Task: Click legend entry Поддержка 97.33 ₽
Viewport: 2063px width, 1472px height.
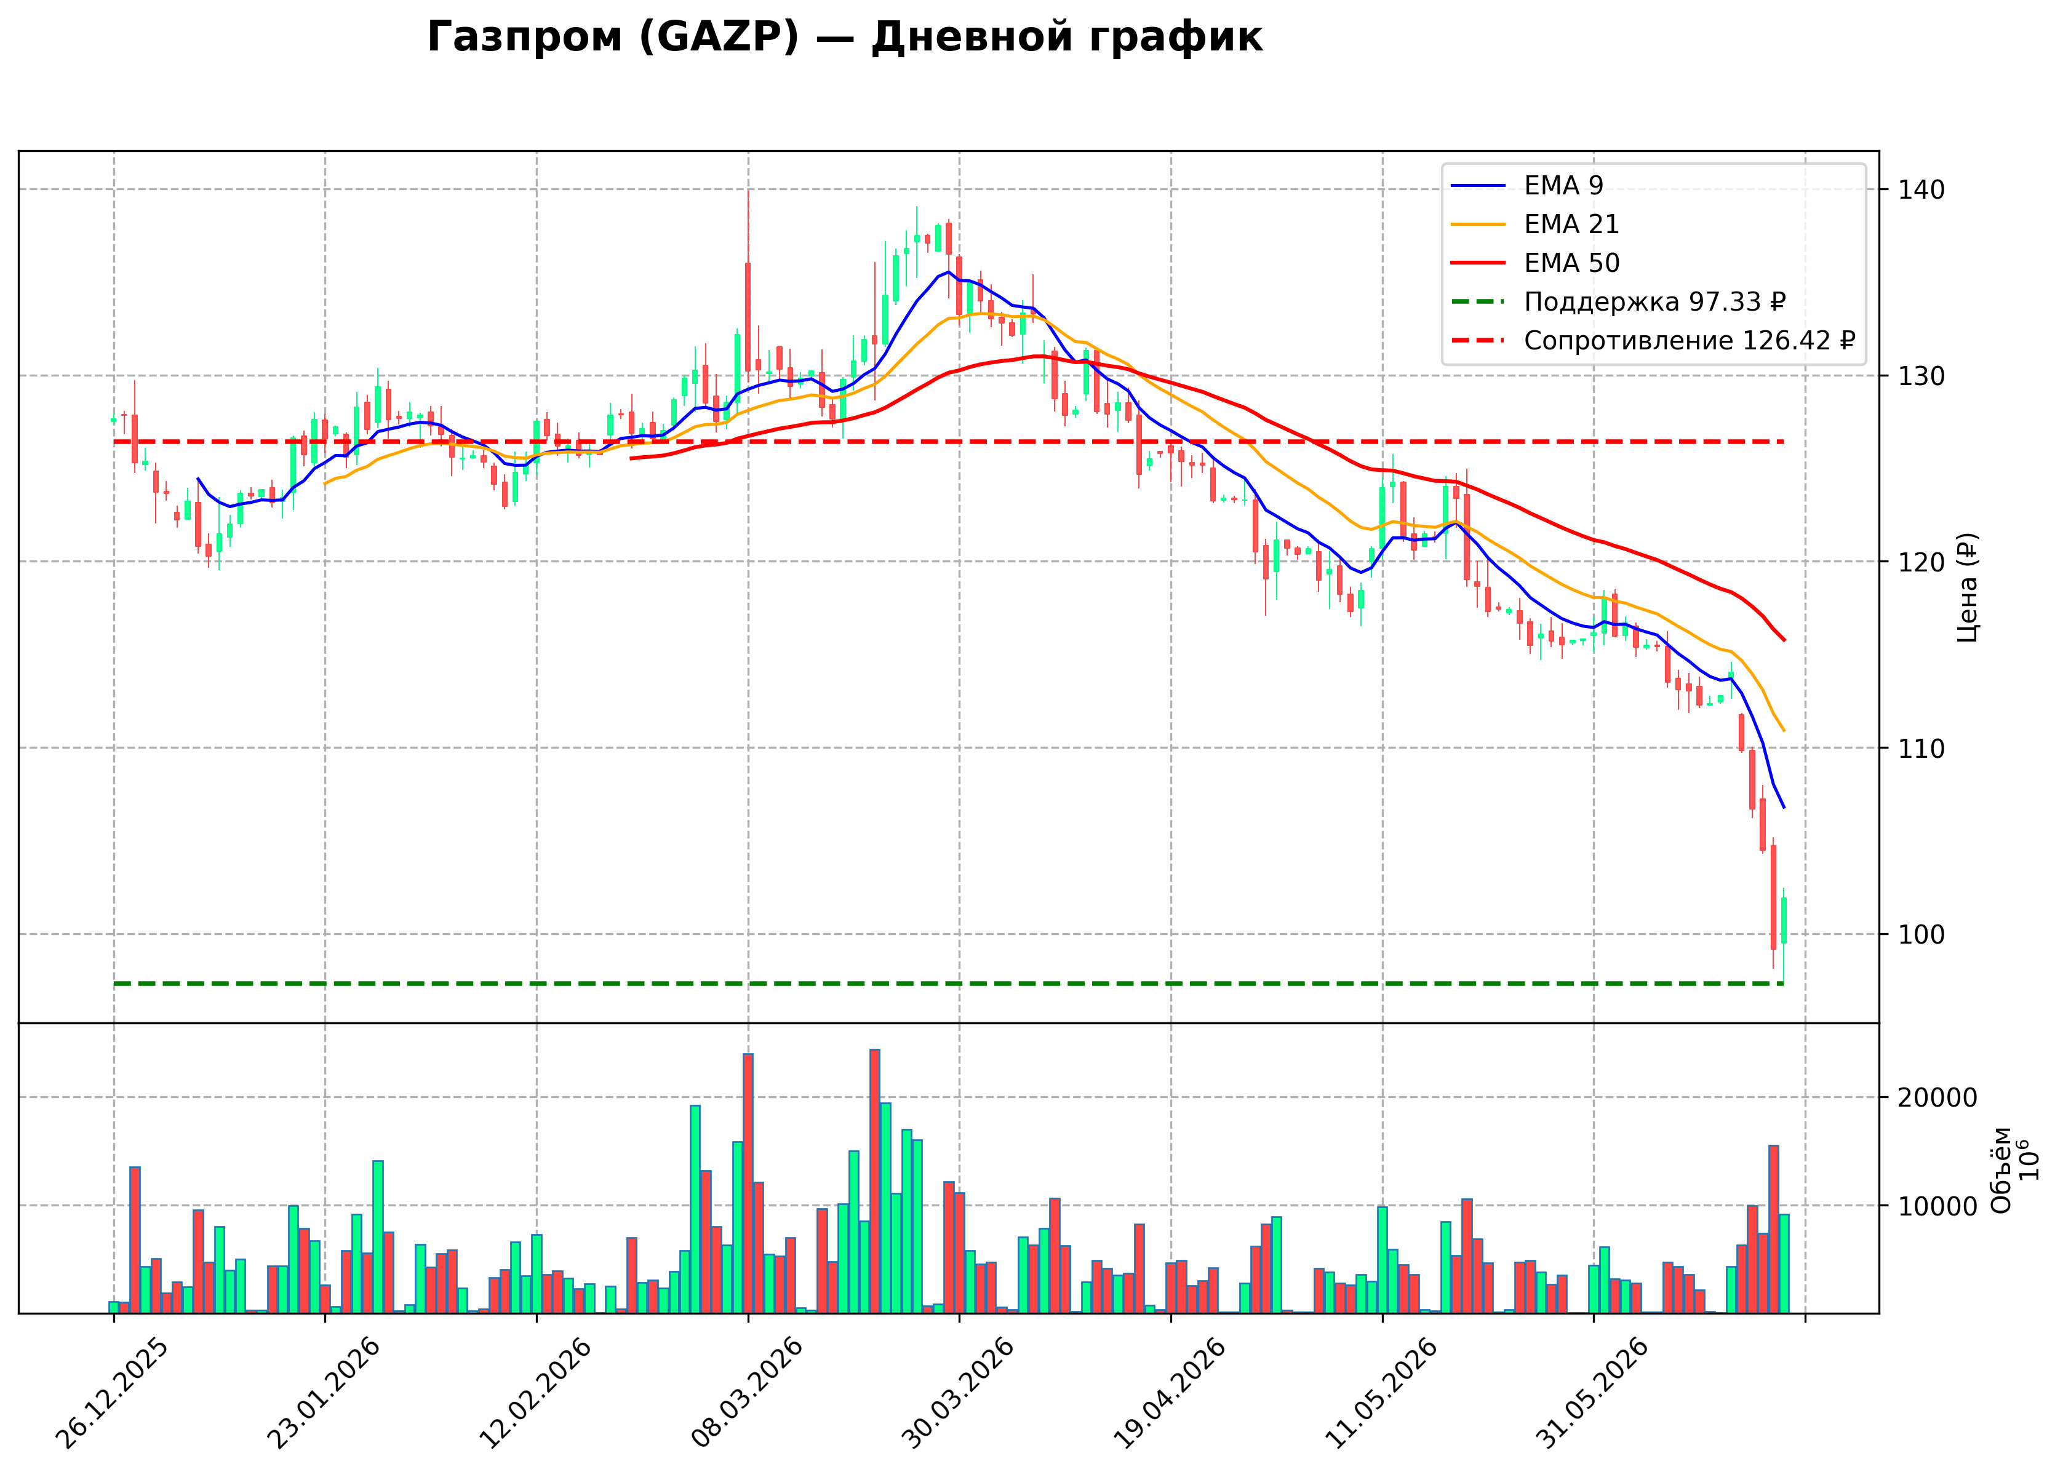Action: tap(1618, 302)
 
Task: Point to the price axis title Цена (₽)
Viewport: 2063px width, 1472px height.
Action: tap(1967, 587)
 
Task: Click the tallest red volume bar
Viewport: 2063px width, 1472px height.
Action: tap(875, 1181)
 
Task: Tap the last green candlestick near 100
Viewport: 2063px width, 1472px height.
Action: tap(1784, 921)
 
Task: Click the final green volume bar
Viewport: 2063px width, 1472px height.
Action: tap(1784, 1263)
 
